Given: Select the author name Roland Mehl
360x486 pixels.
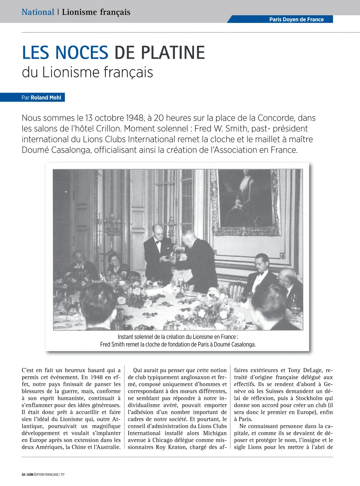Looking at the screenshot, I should [x=46, y=98].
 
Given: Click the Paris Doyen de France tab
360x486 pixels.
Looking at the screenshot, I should [x=296, y=20].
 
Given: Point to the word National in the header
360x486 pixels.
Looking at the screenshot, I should [x=38, y=12].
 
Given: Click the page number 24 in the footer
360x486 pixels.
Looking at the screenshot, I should [x=23, y=475].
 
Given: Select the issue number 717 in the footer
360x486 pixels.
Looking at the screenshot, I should [x=62, y=475].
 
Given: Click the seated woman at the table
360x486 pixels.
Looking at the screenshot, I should [x=116, y=264].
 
